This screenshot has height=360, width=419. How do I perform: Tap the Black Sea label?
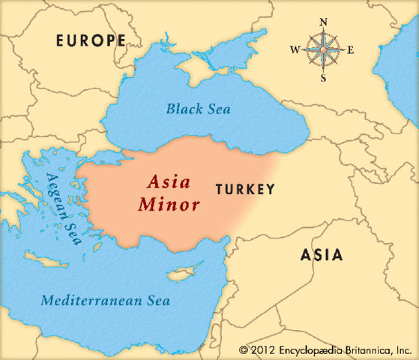click(199, 109)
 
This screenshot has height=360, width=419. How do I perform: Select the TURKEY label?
click(245, 190)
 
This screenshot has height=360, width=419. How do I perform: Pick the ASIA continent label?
click(322, 255)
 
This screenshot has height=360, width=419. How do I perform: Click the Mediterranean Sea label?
click(106, 301)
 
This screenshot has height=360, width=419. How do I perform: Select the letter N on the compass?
click(325, 22)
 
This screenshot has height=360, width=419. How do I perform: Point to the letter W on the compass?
click(295, 50)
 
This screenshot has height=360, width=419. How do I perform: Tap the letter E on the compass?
click(350, 50)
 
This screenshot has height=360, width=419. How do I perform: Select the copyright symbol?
click(243, 349)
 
